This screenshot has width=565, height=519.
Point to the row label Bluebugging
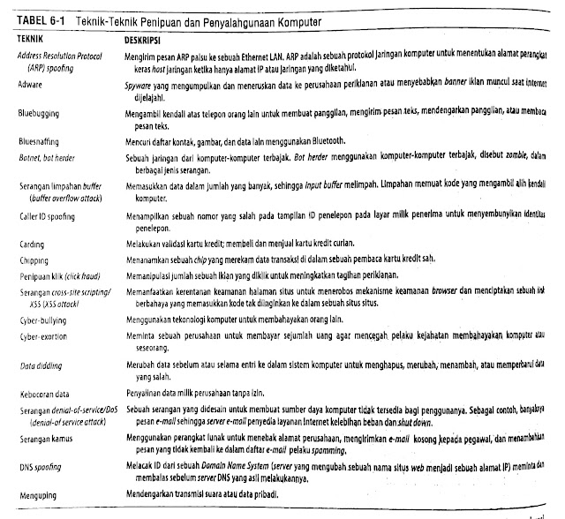coord(39,114)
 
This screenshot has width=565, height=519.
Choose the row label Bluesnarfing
coord(40,142)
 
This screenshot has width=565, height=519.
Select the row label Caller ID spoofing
coord(49,214)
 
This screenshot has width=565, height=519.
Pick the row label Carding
coord(33,243)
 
